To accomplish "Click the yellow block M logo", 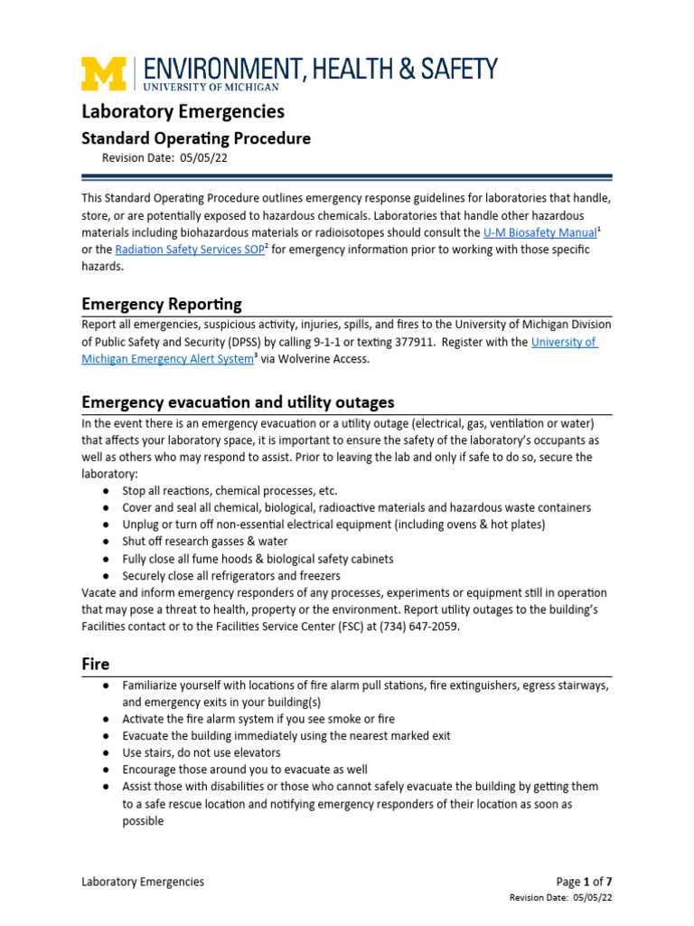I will pyautogui.click(x=105, y=74).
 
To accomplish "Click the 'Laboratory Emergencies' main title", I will pyautogui.click(x=183, y=111).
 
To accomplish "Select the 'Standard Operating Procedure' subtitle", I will pyautogui.click(x=196, y=138).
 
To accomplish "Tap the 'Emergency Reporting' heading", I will pyautogui.click(x=161, y=303).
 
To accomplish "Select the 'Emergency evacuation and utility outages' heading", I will pyautogui.click(x=237, y=402).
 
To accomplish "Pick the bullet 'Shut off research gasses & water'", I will pyautogui.click(x=205, y=541).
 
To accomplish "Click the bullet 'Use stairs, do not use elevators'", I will pyautogui.click(x=202, y=752).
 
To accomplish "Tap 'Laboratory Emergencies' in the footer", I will pyautogui.click(x=143, y=882).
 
